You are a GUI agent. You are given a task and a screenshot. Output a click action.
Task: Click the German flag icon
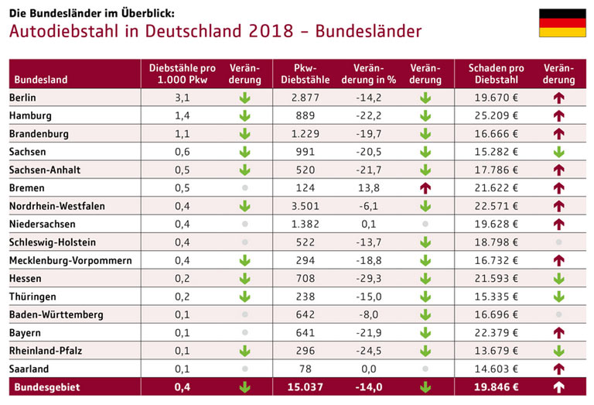tap(562, 23)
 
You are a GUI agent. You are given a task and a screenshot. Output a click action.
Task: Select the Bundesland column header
tap(41, 80)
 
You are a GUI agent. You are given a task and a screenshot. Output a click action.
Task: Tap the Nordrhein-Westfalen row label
tap(56, 206)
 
